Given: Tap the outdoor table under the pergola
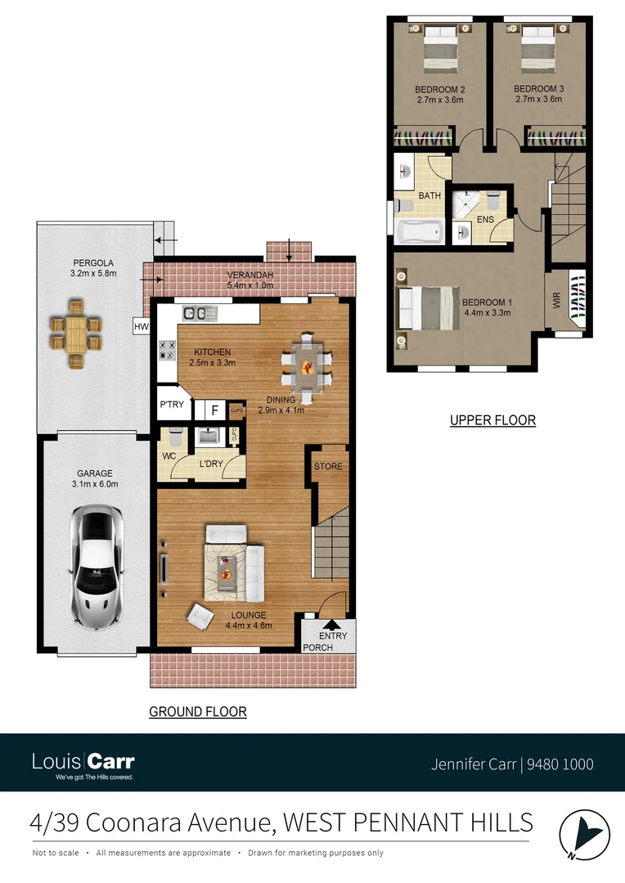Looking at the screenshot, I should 76,333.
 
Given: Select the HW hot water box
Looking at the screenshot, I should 142,327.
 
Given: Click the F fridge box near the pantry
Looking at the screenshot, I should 214,410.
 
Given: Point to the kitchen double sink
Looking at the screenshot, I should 196,312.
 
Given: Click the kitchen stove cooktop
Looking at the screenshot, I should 166,350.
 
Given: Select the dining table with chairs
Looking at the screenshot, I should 306,369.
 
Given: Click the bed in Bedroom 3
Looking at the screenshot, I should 537,51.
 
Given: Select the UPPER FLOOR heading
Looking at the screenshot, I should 492,420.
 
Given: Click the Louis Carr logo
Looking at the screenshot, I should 83,763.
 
